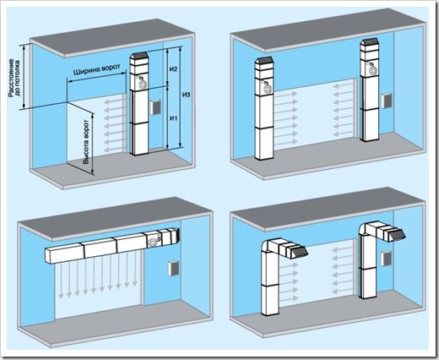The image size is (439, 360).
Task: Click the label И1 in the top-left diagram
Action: pos(174,118)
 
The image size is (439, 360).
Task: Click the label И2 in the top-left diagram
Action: pos(174,69)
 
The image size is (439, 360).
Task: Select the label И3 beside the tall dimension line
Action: pos(187,95)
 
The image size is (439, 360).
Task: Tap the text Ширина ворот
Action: pos(97,69)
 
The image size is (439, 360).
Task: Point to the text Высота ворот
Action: pos(86,142)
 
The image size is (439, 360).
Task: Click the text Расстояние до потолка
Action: pos(14,78)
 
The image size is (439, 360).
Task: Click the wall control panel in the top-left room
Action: pos(155,107)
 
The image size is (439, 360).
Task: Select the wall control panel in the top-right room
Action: pos(386,101)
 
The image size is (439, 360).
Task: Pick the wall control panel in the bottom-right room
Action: pos(385,259)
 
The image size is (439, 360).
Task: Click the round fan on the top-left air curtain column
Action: pos(143,85)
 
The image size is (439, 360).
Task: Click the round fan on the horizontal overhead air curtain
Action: pos(154,242)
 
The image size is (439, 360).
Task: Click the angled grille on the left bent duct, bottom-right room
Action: pos(299,252)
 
